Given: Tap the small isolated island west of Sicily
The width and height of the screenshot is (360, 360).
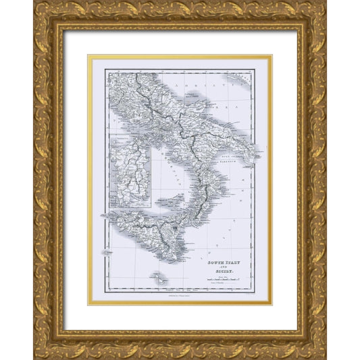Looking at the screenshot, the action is coord(107,249).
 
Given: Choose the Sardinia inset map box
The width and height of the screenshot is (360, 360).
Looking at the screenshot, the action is coord(132,172).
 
